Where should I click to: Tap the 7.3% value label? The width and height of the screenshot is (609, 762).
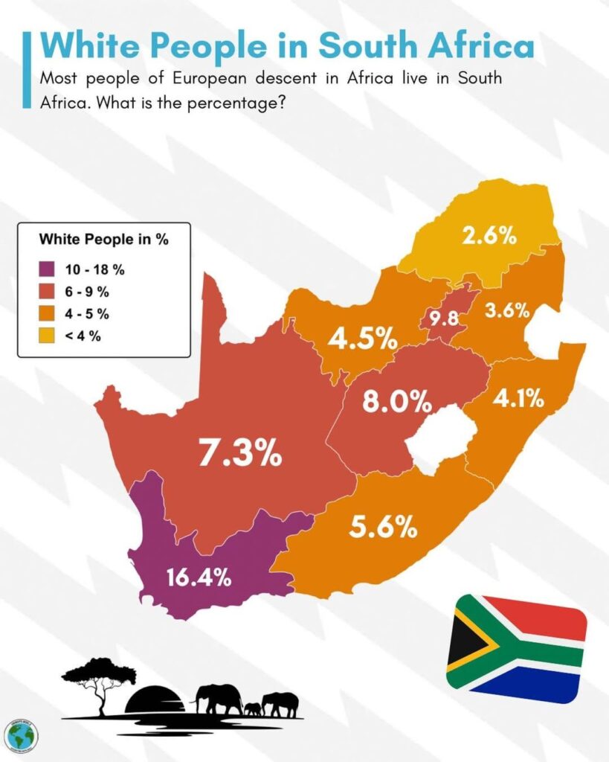[239, 452]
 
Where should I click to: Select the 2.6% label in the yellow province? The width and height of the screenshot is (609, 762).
[489, 236]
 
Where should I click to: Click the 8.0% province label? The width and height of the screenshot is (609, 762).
[396, 402]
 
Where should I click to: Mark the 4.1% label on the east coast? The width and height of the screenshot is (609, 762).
[518, 399]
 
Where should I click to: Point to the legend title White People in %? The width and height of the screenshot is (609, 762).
[103, 240]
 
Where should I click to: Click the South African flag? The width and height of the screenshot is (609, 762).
[516, 647]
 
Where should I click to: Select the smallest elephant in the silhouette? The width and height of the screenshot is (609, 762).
[253, 708]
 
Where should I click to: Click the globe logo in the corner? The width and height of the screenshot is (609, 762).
[20, 734]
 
